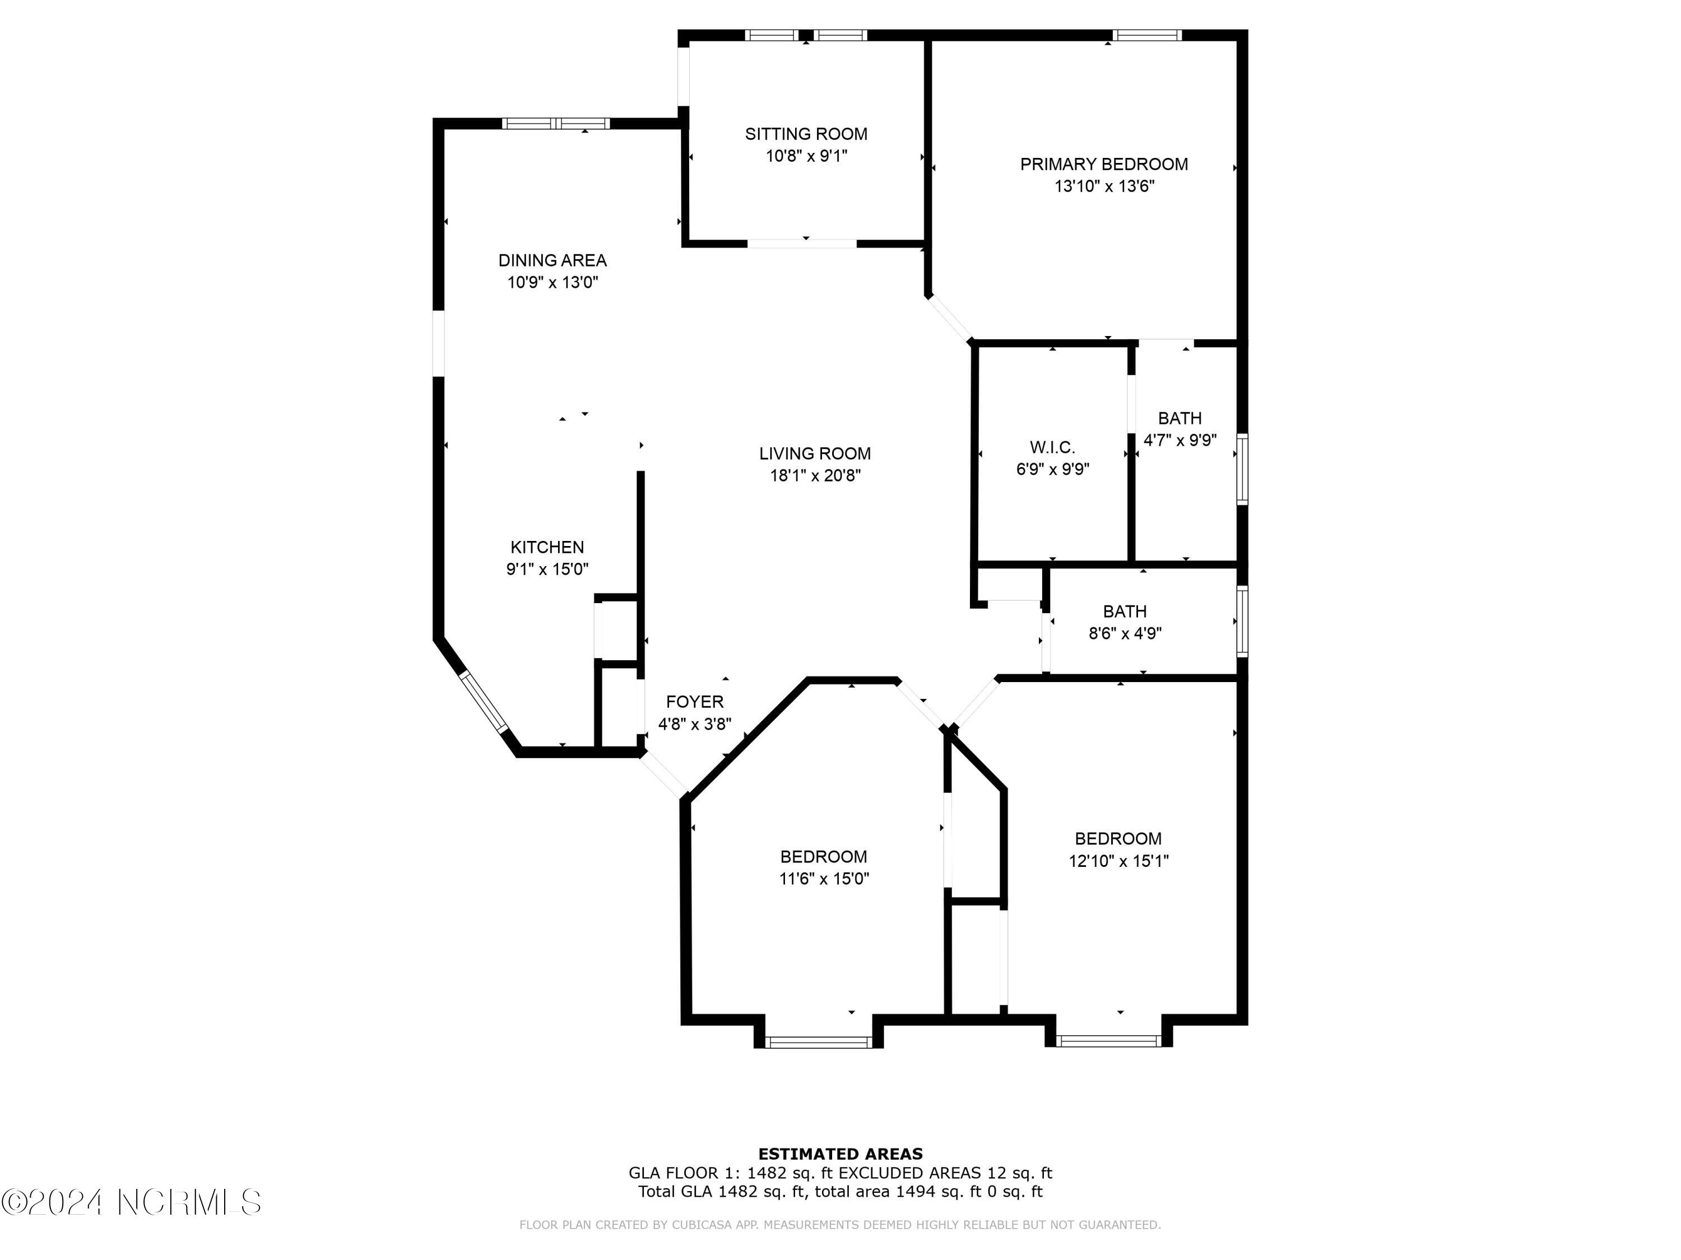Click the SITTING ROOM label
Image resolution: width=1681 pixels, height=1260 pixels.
coord(806,134)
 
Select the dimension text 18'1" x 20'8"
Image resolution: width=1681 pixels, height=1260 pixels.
coord(815,476)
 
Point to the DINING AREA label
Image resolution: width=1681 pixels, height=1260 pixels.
coord(552,260)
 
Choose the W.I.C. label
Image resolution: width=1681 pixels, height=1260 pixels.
coord(1052,448)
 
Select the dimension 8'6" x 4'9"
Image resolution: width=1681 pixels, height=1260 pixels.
coord(1125,633)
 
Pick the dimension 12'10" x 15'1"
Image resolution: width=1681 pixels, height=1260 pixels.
coord(1118,861)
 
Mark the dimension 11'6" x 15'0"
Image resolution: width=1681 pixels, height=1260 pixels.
coord(824,879)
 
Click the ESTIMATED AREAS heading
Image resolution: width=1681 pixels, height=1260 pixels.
coord(840,1154)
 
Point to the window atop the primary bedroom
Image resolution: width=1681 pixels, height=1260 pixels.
coord(1147,35)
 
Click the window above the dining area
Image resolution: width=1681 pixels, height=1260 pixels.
coord(555,123)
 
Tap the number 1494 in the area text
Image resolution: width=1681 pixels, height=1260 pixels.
coord(916,1192)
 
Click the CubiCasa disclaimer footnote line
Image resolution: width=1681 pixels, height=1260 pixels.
coord(840,1224)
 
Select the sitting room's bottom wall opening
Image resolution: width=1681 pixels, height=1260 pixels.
coord(802,244)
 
